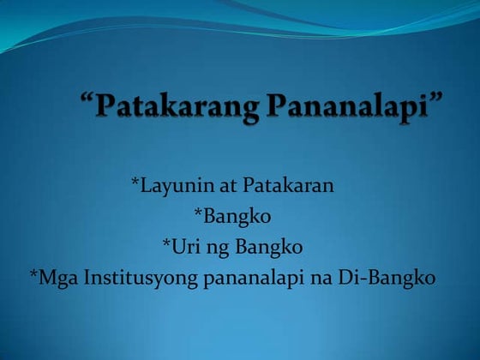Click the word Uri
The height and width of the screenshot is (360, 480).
[184, 247]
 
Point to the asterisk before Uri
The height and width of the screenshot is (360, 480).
[166, 244]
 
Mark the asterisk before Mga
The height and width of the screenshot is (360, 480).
[33, 275]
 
